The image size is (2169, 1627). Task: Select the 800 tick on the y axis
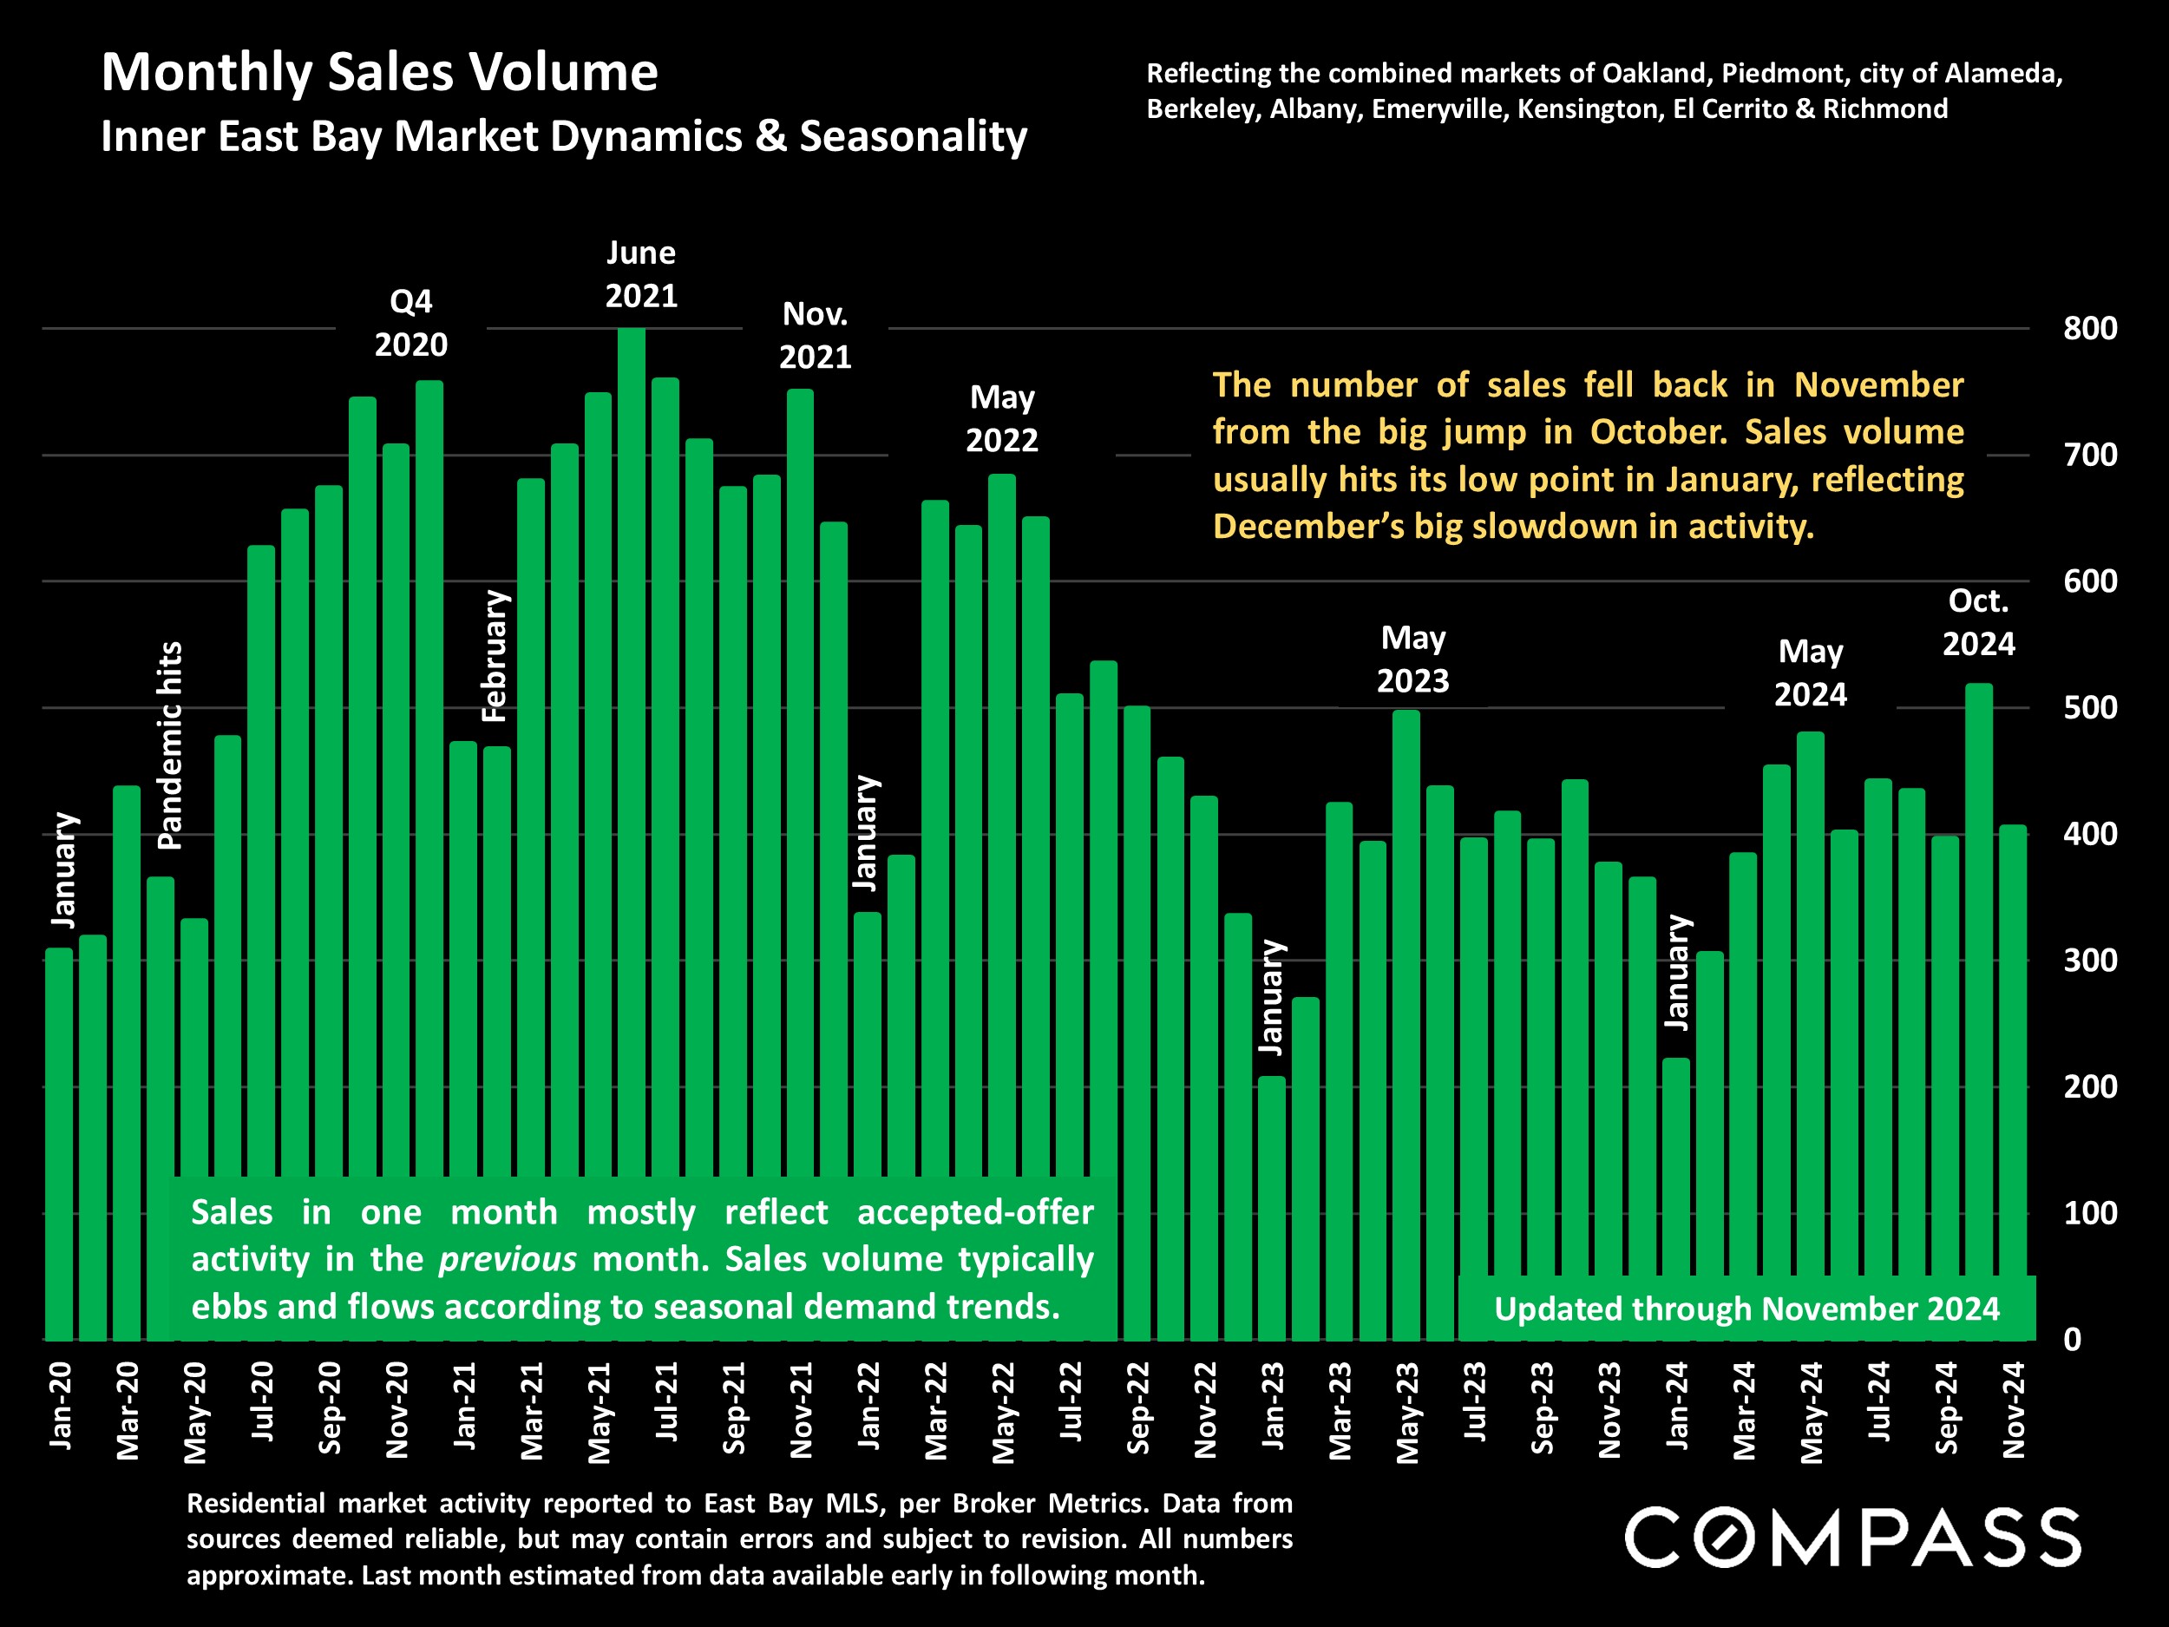point(2089,329)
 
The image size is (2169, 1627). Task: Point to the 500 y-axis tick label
point(2089,708)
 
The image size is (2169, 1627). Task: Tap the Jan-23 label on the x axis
point(1273,1406)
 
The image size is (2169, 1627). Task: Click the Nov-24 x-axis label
point(2013,1409)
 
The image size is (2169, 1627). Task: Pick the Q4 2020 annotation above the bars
point(411,323)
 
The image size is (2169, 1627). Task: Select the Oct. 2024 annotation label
point(1978,622)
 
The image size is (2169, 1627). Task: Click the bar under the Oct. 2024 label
point(1979,981)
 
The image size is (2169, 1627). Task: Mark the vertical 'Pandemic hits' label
point(170,745)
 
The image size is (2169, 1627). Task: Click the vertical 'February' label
point(495,656)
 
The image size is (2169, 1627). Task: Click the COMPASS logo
point(1852,1537)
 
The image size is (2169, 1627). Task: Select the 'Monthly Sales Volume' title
point(379,73)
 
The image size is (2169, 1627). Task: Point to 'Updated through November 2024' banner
point(1746,1309)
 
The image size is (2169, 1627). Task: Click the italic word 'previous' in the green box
point(507,1259)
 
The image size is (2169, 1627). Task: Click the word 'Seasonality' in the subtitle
point(913,136)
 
